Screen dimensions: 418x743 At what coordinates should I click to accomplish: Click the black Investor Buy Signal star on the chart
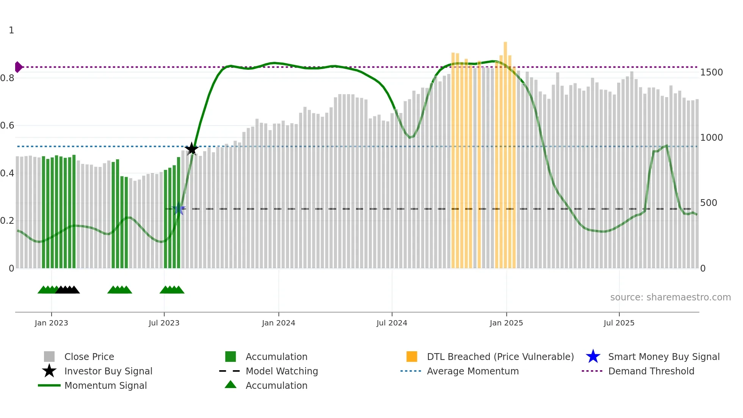(192, 149)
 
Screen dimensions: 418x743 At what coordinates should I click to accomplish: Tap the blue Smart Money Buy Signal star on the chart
(179, 209)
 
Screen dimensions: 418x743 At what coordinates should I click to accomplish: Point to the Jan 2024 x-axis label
(278, 323)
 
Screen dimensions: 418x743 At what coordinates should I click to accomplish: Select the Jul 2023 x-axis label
(164, 323)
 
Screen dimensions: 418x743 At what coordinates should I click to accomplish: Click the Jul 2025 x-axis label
(619, 323)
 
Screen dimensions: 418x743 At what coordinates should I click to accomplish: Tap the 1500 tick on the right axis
(711, 72)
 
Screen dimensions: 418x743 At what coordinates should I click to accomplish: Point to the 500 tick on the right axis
(709, 203)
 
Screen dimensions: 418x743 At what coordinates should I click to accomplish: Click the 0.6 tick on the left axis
(8, 126)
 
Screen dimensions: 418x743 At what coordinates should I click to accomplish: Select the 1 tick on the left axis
(11, 30)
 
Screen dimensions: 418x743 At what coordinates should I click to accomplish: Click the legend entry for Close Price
(89, 357)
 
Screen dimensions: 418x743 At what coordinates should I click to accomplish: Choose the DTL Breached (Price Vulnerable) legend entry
(500, 357)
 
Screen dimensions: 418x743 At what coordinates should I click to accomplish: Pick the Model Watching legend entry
(282, 371)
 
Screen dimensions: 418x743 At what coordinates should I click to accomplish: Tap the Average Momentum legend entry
(473, 371)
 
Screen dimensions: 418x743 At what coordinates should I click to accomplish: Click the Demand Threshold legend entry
(651, 371)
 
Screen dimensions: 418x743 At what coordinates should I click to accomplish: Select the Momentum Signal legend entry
(105, 386)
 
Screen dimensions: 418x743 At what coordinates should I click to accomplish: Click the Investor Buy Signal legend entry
(108, 371)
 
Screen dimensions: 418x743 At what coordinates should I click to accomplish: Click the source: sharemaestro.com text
(670, 297)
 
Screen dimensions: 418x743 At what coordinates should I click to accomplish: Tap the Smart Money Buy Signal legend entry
(663, 357)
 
